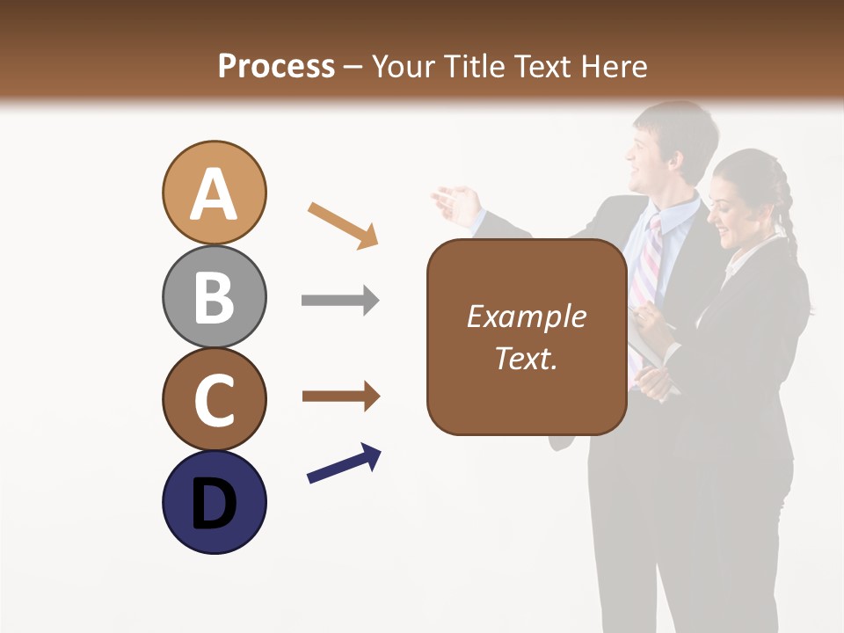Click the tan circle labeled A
tap(214, 193)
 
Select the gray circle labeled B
tap(214, 296)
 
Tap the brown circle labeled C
tap(214, 399)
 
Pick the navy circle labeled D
tap(214, 502)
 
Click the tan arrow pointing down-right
tap(343, 225)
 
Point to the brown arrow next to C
tap(340, 397)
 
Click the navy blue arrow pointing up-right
tap(344, 463)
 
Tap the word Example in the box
tap(526, 316)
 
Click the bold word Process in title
tap(276, 66)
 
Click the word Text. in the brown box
tap(526, 358)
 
